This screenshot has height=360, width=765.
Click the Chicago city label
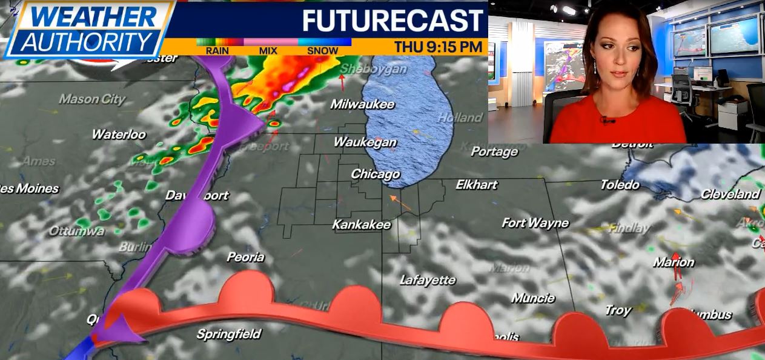point(376,175)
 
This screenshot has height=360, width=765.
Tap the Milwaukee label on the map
point(362,104)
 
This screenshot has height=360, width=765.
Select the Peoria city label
point(245,257)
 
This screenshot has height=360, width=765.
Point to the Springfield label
point(228,334)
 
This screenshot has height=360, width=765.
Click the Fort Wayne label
point(535,223)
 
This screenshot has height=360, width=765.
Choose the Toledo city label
point(620,185)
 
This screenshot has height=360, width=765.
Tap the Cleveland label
point(730,195)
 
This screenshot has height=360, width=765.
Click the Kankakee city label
point(361,225)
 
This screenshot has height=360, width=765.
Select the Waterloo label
point(119,135)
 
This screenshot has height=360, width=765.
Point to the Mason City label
point(92,99)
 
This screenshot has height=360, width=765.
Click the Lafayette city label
point(428,280)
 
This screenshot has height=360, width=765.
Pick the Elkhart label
point(476,185)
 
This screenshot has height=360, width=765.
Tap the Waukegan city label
point(365,143)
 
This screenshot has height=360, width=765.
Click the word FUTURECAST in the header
point(393,21)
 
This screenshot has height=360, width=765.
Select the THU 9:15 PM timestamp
point(439,47)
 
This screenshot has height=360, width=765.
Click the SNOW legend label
point(322,51)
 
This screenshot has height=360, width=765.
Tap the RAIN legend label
point(217,51)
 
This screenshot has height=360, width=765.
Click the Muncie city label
point(533,298)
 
